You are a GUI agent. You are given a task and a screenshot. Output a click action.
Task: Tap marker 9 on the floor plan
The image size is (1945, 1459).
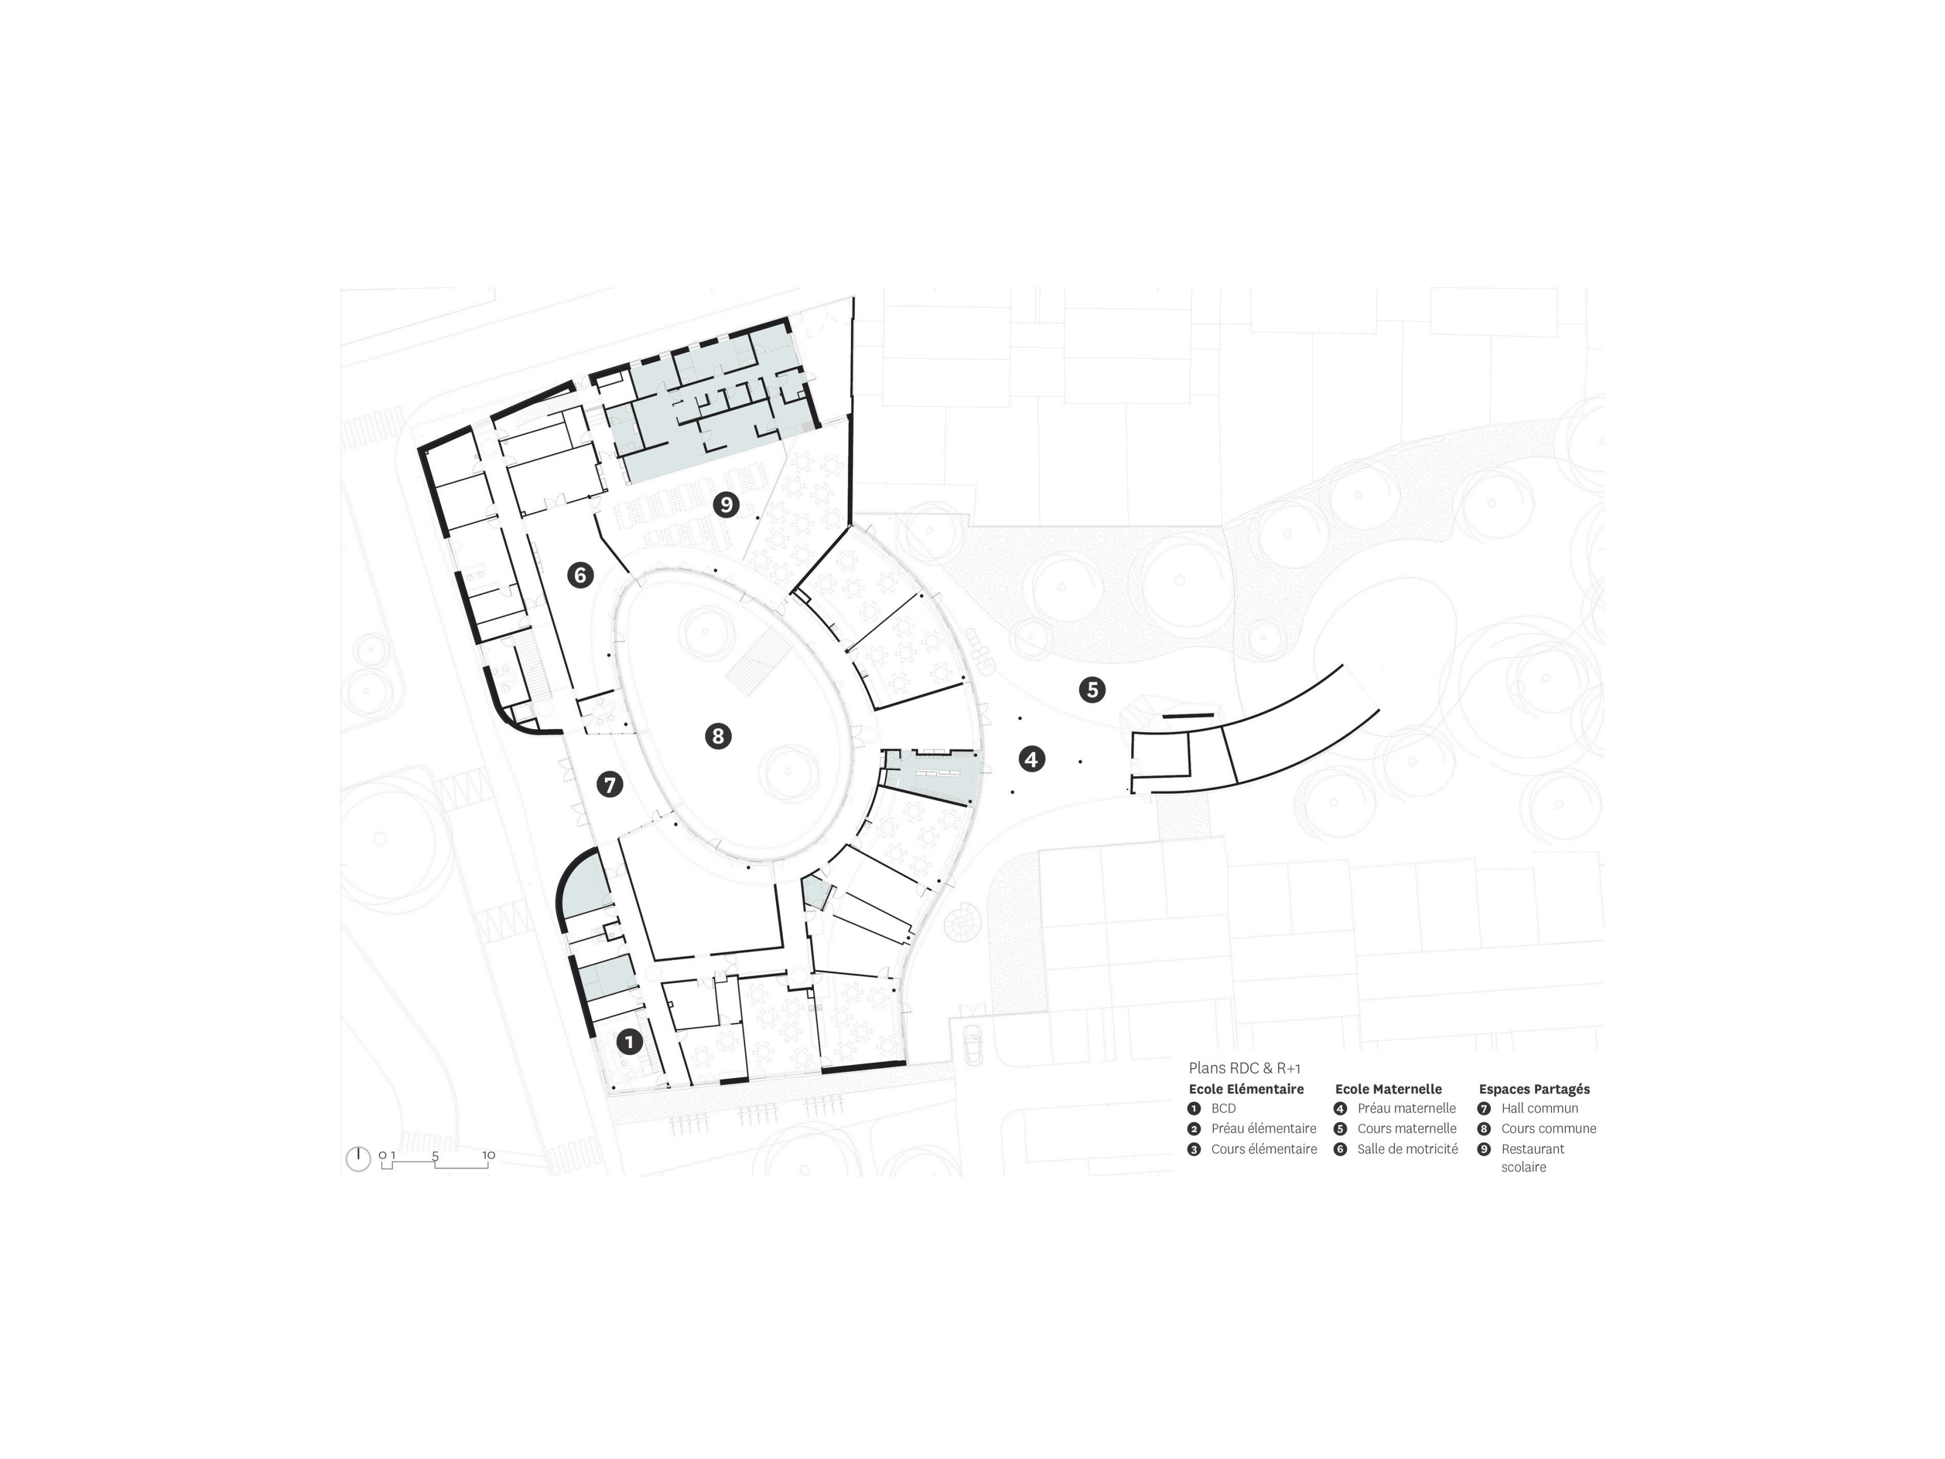726,505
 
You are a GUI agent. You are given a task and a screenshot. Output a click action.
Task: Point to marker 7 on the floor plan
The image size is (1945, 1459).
610,784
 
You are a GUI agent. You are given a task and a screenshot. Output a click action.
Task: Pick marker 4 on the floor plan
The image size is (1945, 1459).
1031,758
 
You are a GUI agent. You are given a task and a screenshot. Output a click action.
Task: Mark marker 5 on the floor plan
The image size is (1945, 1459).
1092,689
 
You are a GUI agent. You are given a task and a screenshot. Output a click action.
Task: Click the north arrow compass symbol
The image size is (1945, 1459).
358,1158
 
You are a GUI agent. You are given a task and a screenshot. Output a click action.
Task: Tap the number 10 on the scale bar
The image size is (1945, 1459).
488,1154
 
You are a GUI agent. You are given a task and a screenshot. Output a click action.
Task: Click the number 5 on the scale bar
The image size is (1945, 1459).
435,1154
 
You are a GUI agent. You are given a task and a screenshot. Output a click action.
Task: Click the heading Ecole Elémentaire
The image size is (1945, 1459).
1246,1089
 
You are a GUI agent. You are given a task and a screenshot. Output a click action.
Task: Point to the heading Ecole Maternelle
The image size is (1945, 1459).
1388,1089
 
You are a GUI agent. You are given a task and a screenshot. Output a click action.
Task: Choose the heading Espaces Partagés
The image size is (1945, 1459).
1534,1089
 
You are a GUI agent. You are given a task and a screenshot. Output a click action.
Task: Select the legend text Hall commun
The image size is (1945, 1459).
1540,1109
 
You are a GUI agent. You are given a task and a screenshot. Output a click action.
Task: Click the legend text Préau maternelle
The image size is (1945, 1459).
1406,1109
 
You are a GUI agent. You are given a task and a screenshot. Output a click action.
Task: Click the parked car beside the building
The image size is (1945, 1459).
972,1044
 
